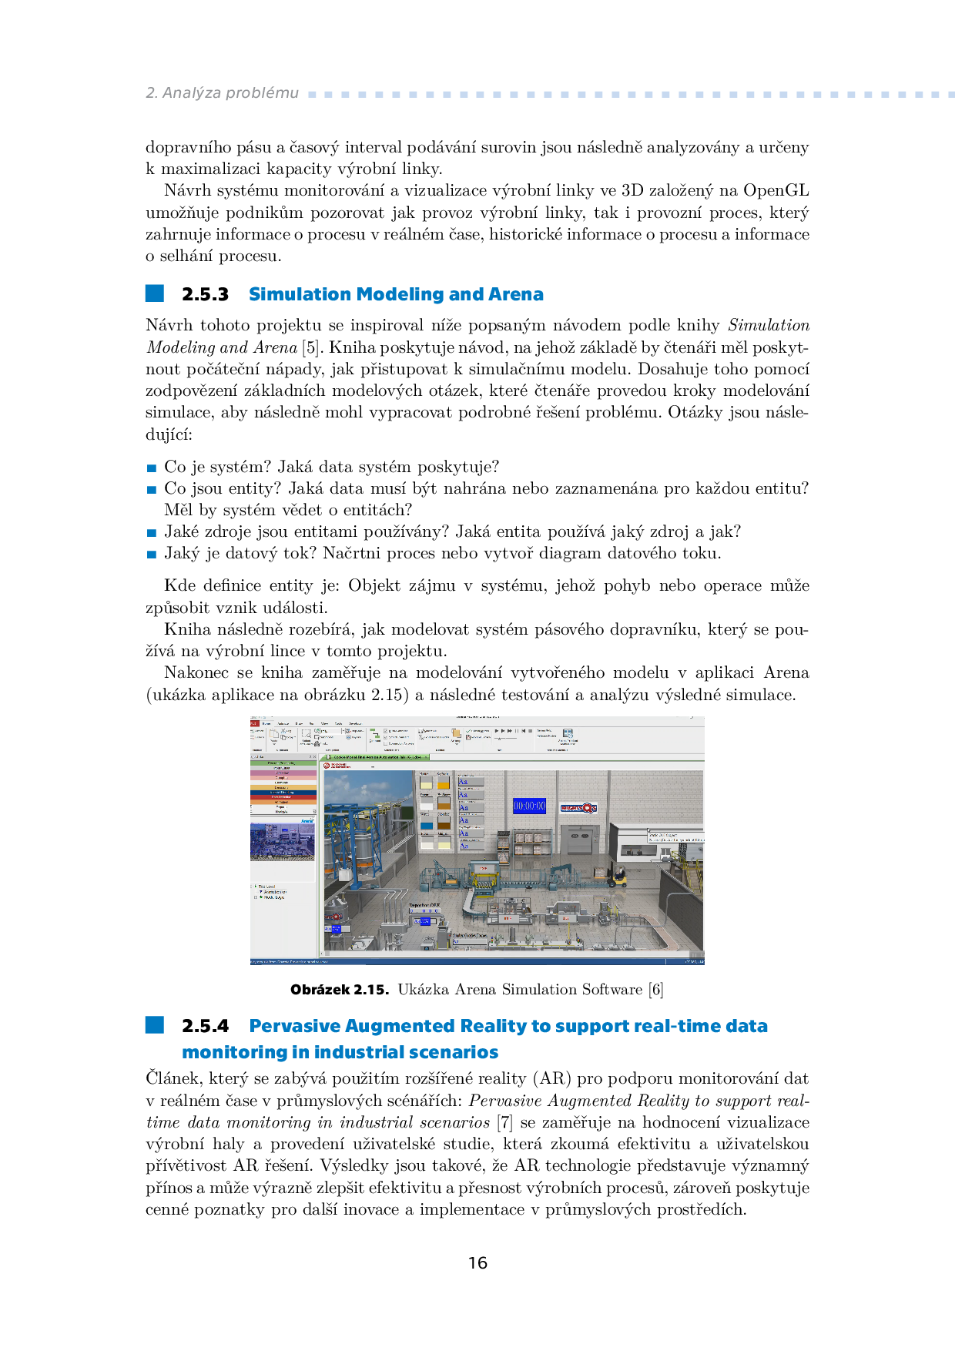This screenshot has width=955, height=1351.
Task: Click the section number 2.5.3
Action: coord(205,294)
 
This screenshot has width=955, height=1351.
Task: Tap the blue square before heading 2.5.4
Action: coord(155,1024)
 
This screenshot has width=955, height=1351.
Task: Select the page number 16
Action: coord(477,1262)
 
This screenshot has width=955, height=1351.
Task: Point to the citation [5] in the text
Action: coord(310,347)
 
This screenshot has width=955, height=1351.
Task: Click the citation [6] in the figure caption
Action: coord(655,990)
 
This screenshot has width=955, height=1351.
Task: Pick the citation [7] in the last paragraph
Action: coord(504,1122)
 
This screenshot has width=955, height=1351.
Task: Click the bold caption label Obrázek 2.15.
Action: coord(339,990)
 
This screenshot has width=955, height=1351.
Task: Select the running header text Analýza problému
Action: coord(230,93)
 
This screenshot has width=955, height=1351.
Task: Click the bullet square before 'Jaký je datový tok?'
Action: coord(152,554)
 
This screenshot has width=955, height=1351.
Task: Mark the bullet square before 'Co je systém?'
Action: coord(152,468)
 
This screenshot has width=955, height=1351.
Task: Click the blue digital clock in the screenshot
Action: coord(529,806)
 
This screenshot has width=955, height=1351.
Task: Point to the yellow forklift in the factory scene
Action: coord(617,876)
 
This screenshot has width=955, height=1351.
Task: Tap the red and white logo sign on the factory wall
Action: coord(578,808)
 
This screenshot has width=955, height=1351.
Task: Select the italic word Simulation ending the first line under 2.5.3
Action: coord(768,325)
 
